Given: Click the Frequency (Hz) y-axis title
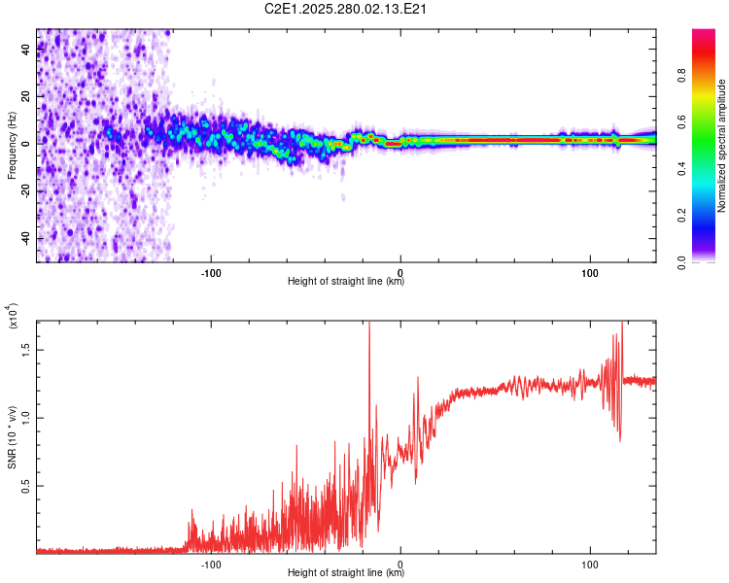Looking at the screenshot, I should pyautogui.click(x=12, y=146).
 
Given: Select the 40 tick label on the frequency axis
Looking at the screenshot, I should pyautogui.click(x=25, y=50).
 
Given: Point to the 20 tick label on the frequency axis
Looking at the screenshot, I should pyautogui.click(x=25, y=96).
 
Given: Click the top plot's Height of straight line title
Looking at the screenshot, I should pyautogui.click(x=346, y=282).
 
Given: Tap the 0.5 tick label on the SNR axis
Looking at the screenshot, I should pyautogui.click(x=25, y=486).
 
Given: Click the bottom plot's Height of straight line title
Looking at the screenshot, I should pyautogui.click(x=346, y=573).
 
